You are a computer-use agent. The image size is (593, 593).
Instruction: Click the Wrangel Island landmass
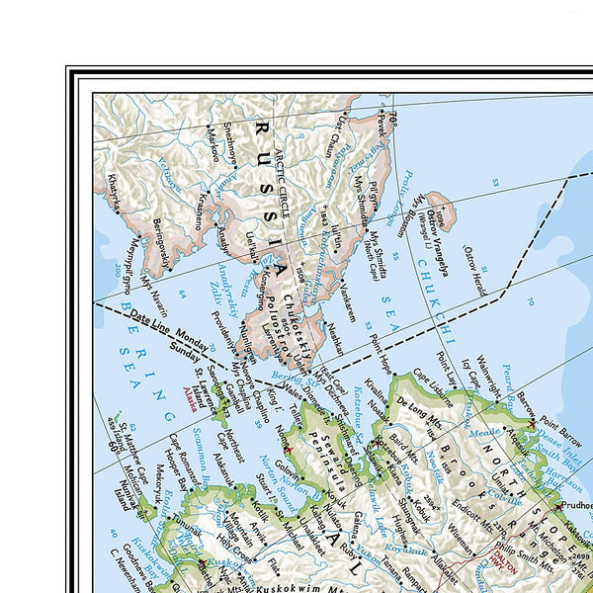click(439, 212)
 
